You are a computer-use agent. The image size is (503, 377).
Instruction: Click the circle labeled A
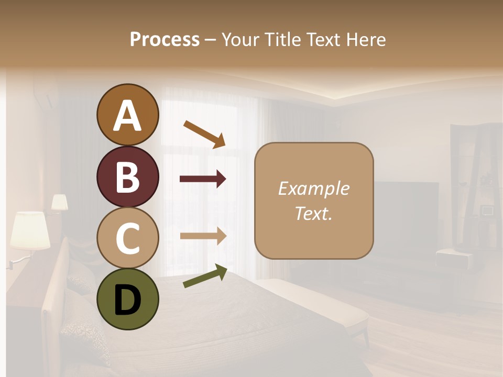[127, 115]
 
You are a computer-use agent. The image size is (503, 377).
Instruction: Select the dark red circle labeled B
[127, 177]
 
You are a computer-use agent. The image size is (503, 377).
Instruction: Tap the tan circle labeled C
[127, 238]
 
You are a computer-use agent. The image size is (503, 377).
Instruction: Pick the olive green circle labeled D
[127, 299]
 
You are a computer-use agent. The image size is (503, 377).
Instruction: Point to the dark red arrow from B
[203, 179]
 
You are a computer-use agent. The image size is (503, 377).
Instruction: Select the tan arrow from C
[203, 236]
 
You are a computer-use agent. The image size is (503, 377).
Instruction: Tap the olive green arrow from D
[205, 276]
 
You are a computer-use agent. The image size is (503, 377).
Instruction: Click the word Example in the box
[313, 188]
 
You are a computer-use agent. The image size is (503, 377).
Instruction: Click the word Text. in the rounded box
[313, 213]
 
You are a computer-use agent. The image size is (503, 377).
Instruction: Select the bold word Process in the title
[165, 39]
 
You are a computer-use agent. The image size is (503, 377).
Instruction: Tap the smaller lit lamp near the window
[59, 202]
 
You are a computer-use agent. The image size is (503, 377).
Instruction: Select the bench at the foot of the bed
[314, 304]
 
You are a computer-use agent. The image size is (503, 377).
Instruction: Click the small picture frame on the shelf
[487, 210]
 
